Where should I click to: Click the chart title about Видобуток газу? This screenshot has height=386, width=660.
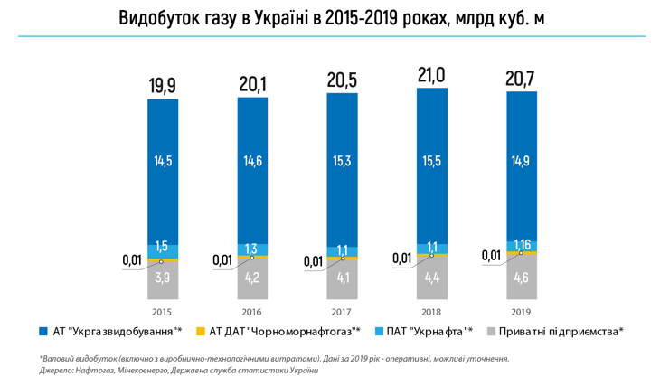tap(331, 18)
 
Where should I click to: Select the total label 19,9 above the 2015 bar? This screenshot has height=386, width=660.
tap(162, 86)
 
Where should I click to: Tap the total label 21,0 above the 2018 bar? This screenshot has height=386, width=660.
tap(432, 75)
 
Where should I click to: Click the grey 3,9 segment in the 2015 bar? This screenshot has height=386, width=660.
tap(162, 279)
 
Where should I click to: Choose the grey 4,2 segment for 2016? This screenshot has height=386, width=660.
tap(252, 278)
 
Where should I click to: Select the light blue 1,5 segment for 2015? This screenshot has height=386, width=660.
tap(162, 248)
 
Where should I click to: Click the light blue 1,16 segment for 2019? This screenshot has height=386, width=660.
tap(523, 245)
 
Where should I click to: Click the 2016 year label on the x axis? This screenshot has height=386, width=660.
tap(252, 311)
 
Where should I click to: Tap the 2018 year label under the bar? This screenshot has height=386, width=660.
tap(432, 311)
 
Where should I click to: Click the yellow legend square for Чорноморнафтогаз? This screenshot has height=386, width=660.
tap(201, 332)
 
